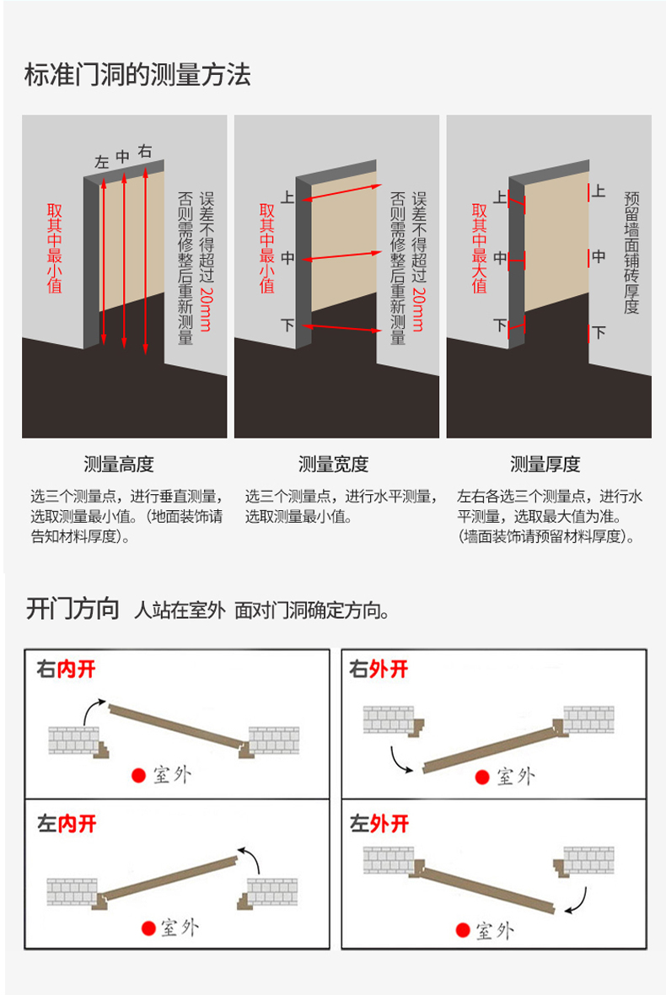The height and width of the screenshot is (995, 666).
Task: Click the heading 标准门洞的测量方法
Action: (138, 75)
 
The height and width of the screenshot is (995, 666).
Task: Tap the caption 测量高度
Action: (119, 464)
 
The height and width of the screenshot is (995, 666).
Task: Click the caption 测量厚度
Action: (545, 464)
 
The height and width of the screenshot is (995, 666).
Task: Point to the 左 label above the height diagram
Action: (102, 163)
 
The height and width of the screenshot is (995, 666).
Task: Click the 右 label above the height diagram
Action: (145, 152)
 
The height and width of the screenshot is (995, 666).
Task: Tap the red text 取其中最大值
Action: (480, 248)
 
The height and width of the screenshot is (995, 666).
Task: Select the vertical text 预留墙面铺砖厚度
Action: (631, 252)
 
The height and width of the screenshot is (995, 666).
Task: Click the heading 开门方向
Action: (73, 609)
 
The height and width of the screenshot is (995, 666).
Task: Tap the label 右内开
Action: (67, 670)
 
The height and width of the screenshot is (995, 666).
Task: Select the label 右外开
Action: (379, 670)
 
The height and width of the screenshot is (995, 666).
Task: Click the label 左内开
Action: (67, 823)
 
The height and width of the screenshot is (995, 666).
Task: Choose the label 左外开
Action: (379, 823)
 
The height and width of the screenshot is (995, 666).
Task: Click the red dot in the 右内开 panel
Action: (137, 775)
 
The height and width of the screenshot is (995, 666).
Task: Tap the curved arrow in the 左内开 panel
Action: (251, 858)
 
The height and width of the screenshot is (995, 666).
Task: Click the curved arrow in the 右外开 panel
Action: (400, 759)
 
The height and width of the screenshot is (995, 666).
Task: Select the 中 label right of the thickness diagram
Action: (599, 256)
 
